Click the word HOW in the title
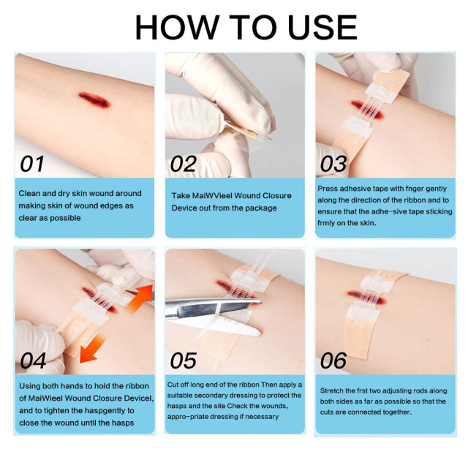point(177,27)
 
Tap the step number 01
point(32,164)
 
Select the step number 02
point(184,164)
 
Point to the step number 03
point(333,164)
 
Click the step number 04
point(33,361)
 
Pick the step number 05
point(184,361)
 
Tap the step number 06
point(333,361)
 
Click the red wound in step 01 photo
point(94,99)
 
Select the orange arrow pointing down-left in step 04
point(93,348)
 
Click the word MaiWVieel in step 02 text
point(212,196)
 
